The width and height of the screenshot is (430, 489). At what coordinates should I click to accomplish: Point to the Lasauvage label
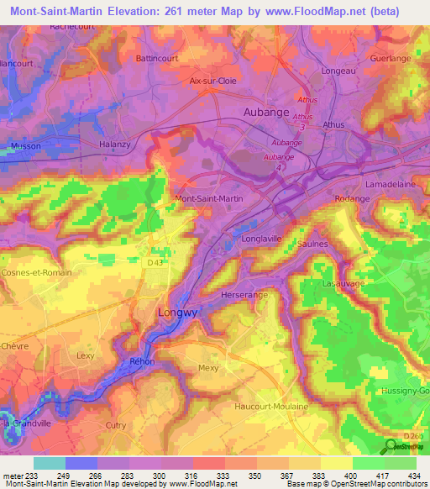pyautogui.click(x=342, y=285)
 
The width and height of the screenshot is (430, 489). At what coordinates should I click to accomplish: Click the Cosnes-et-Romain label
pyautogui.click(x=37, y=272)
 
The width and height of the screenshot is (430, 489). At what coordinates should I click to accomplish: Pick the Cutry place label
pyautogui.click(x=116, y=426)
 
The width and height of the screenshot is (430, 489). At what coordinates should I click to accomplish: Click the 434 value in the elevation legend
pyautogui.click(x=413, y=475)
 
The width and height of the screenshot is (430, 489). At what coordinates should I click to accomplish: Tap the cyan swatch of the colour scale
pyautogui.click(x=49, y=463)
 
